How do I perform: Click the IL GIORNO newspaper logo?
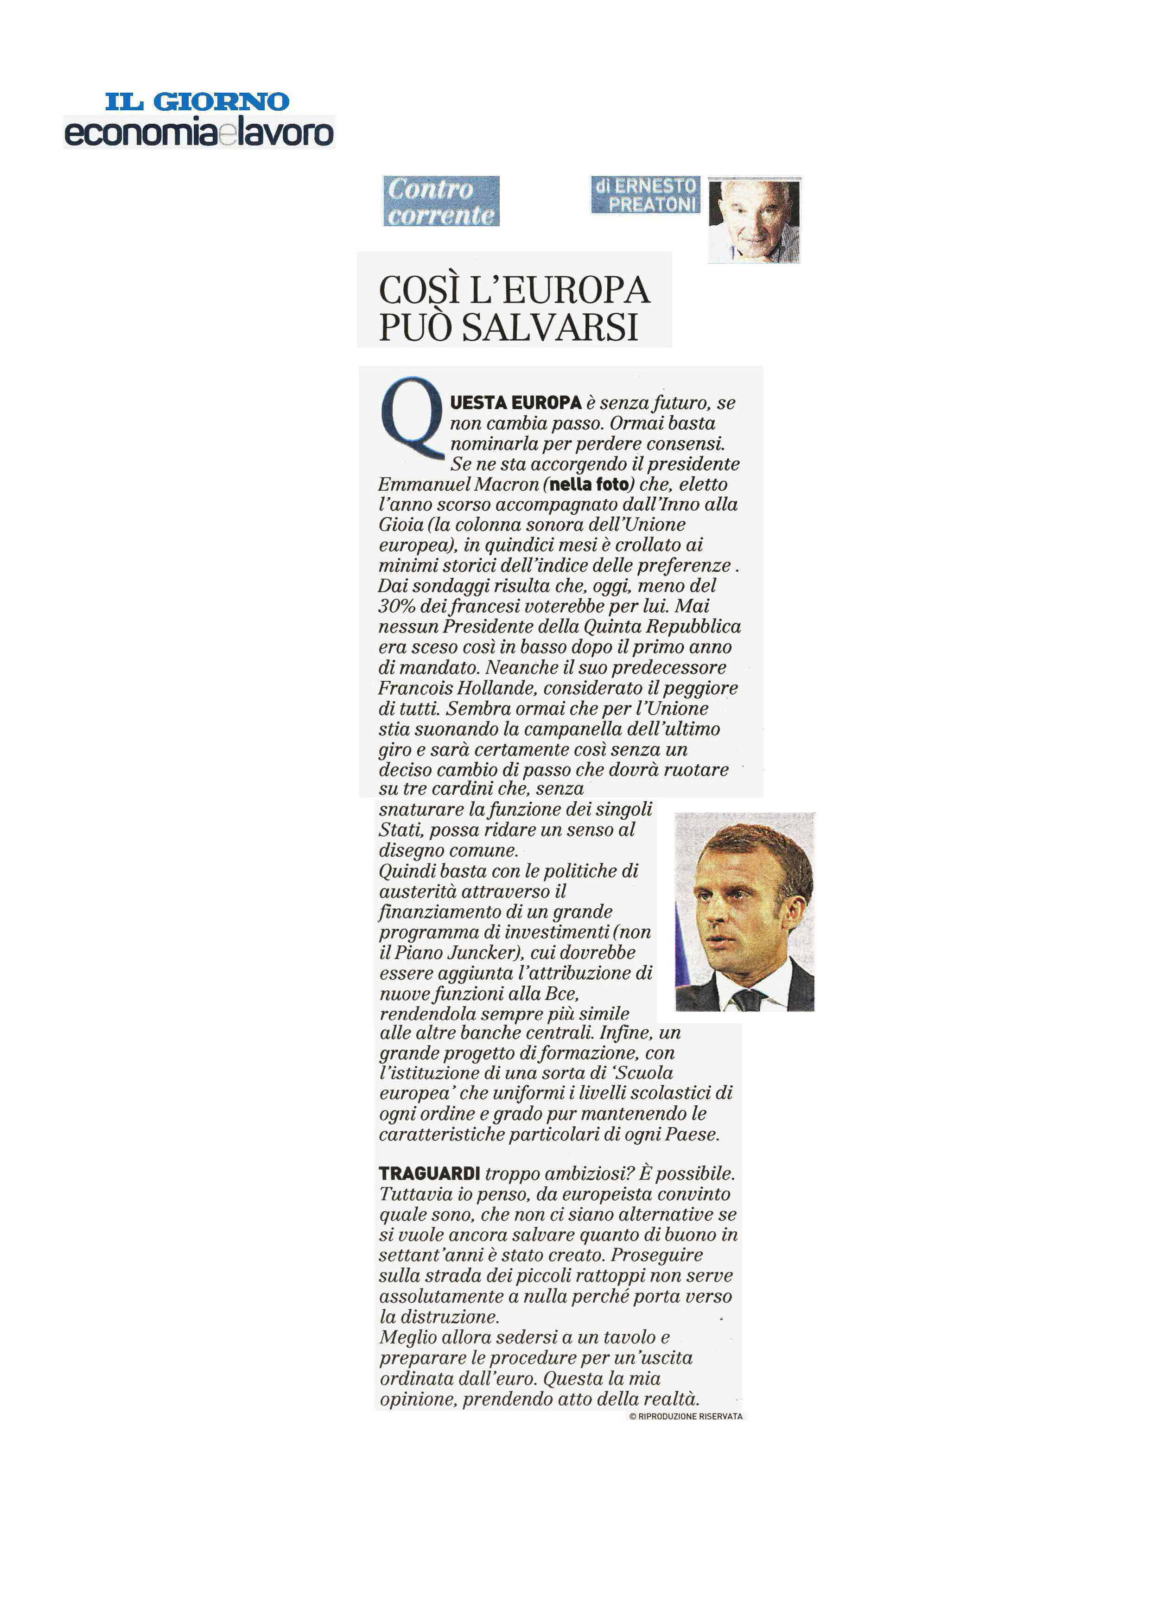(x=197, y=101)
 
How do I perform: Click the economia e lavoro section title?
(x=199, y=133)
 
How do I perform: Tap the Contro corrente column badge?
(x=441, y=201)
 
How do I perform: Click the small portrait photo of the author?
(x=755, y=220)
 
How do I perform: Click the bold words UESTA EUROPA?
(x=516, y=402)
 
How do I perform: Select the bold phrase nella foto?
(x=590, y=484)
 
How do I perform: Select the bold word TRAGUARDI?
(x=429, y=1173)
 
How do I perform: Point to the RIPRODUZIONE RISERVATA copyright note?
(x=686, y=1416)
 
